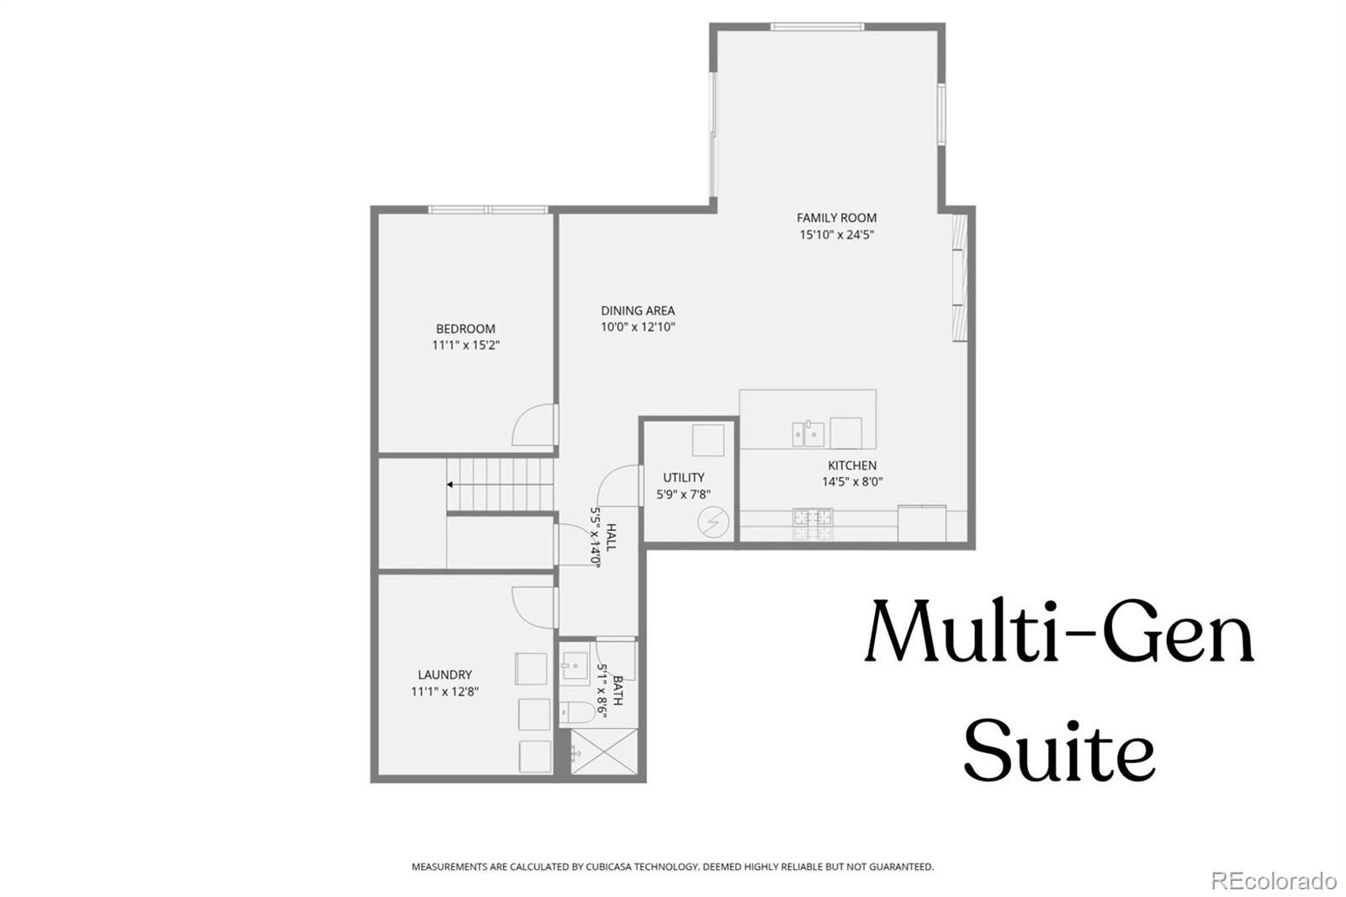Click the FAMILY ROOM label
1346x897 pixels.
click(x=836, y=218)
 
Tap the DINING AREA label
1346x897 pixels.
click(x=638, y=310)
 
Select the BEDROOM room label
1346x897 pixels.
click(x=465, y=329)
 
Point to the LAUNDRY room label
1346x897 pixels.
click(x=444, y=675)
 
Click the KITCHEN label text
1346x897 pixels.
click(x=852, y=465)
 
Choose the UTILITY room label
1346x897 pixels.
click(x=683, y=478)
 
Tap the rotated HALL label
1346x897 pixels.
click(x=612, y=537)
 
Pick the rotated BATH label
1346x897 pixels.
click(x=618, y=690)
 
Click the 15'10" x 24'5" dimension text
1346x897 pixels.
click(x=836, y=236)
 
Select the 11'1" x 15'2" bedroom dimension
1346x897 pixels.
click(x=465, y=345)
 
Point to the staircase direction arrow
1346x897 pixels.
click(x=451, y=485)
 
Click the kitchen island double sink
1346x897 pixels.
click(x=808, y=434)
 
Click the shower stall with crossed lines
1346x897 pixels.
click(x=603, y=751)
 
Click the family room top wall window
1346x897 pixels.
click(x=817, y=27)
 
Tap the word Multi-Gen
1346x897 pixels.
click(x=1059, y=631)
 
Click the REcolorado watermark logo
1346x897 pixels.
click(x=1273, y=880)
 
